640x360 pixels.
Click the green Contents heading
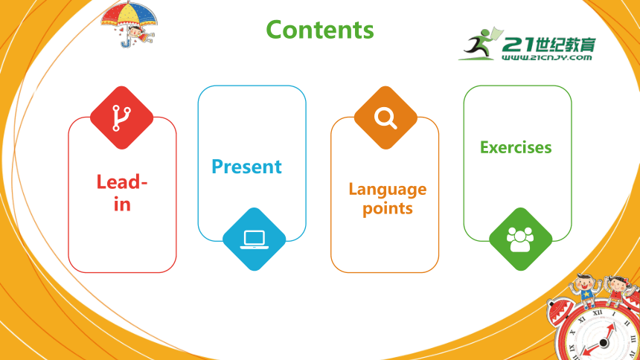coord(320,30)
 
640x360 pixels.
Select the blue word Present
coord(246,167)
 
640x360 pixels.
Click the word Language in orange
coord(387,190)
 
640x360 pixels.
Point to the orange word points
coord(387,208)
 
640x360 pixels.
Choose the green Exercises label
coord(516,147)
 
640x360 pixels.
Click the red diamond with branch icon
coord(121,118)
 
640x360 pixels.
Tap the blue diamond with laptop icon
coord(254,240)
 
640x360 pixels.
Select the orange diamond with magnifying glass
coord(385,118)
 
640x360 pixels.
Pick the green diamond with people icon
coord(520,240)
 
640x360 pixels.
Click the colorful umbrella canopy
coord(129,14)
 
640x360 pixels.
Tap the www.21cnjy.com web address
coord(546,57)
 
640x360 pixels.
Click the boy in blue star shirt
coord(586,291)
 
